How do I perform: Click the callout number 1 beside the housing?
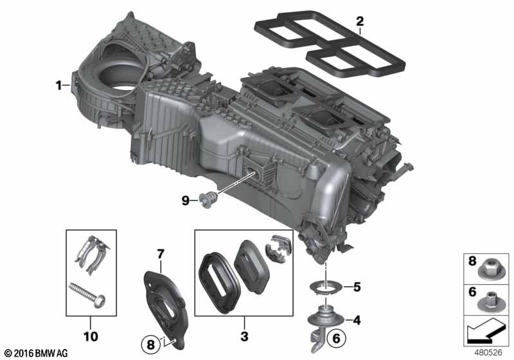(58, 85)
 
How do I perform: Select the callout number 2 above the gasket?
(360, 21)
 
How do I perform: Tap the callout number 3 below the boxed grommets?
(244, 336)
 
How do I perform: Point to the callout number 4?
(357, 320)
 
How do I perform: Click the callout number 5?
(357, 287)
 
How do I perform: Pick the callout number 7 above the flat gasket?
(160, 254)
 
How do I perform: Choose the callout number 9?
(186, 200)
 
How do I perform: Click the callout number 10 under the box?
(91, 336)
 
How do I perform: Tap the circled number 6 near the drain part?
(336, 338)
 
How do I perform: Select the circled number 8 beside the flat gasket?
(150, 345)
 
